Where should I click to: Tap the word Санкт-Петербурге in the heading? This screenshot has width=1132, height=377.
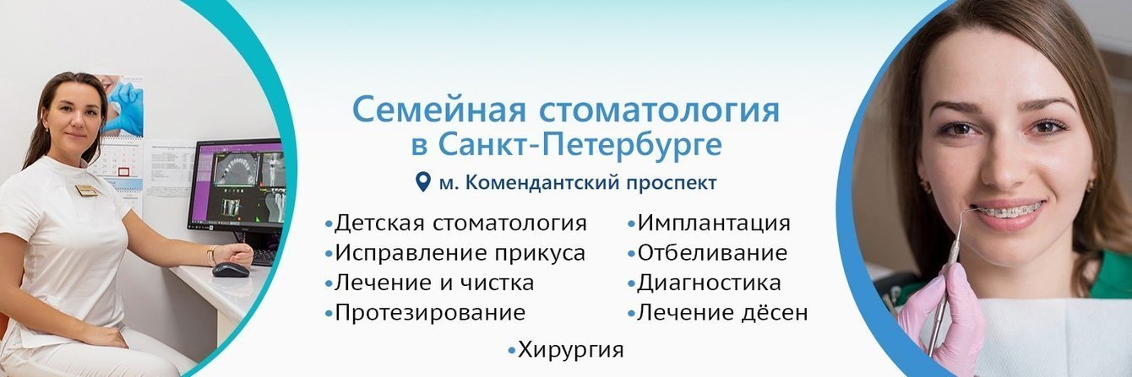580,144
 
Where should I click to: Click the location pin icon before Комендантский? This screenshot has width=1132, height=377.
423,181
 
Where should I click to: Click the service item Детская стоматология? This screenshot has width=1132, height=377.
460,224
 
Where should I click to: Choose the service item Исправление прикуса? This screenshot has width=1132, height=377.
460,253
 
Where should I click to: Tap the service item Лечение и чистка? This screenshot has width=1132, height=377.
434,283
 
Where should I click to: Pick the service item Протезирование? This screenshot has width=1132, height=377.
430,313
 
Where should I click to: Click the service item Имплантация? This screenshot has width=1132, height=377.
714,224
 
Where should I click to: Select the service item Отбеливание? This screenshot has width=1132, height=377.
712,253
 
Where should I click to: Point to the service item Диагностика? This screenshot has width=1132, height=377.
709,283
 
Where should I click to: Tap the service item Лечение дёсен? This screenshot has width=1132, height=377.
722,313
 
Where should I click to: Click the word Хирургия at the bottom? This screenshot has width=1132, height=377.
571,349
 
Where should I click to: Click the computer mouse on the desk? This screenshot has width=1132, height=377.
230,270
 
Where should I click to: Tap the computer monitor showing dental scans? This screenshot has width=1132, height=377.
236,185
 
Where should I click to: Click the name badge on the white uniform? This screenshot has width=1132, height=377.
86,191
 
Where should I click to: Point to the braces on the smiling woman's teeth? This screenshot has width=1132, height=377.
1005,210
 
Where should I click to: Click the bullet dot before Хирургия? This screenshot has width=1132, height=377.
512,350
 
